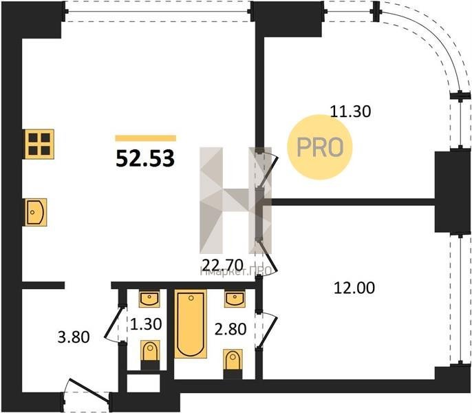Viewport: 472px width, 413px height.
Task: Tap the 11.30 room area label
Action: pos(350,110)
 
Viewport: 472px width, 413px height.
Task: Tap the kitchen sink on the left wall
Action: pos(35,211)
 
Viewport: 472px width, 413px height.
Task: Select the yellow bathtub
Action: pos(190,324)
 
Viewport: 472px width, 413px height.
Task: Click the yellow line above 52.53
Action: pos(145,138)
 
